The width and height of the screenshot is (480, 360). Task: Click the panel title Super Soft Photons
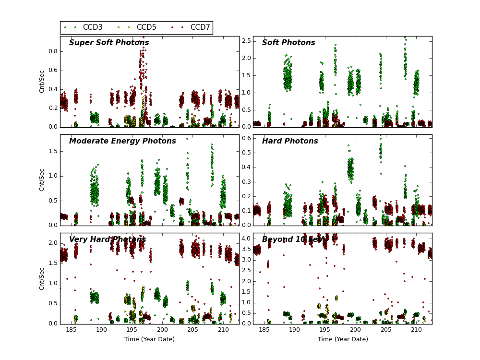[x=109, y=43]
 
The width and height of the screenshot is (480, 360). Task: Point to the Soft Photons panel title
[x=288, y=43]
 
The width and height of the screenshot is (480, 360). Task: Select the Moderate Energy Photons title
[x=122, y=141]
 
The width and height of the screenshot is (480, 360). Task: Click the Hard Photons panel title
[x=290, y=141]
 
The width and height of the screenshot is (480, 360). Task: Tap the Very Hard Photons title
[x=108, y=240]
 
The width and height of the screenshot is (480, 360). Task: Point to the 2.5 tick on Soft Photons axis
[x=245, y=41]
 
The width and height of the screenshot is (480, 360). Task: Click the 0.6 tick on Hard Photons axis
[x=245, y=138]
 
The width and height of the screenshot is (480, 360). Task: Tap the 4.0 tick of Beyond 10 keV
[x=245, y=239]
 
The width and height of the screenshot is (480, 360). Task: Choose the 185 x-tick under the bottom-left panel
[x=71, y=330]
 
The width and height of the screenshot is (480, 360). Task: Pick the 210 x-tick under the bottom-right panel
[x=416, y=330]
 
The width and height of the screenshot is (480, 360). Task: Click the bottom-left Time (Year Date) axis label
[x=149, y=339]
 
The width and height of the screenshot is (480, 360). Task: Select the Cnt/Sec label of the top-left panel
[x=42, y=82]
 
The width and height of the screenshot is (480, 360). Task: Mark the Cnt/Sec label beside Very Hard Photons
[x=42, y=278]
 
